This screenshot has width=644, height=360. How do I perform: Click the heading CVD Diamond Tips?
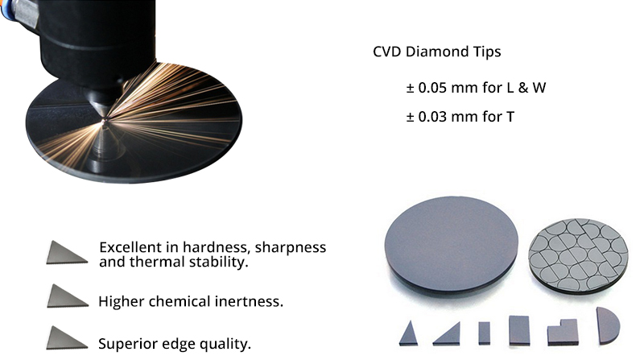[436, 52]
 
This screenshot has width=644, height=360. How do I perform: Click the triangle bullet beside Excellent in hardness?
[66, 253]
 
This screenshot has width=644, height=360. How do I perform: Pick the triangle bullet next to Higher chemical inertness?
[67, 296]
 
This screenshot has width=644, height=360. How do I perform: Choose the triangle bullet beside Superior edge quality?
[66, 337]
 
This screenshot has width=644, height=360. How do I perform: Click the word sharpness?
[291, 247]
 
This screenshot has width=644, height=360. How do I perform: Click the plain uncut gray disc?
[451, 245]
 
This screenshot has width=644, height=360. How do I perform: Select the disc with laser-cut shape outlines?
[578, 255]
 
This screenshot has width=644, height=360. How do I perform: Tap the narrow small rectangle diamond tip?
[485, 333]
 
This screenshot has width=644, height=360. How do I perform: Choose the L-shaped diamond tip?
[563, 333]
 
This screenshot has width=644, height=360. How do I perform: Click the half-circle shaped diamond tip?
[607, 325]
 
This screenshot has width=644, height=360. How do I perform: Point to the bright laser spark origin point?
[105, 120]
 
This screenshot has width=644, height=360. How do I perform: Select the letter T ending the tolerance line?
[510, 117]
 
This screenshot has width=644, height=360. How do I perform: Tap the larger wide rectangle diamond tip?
[519, 330]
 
